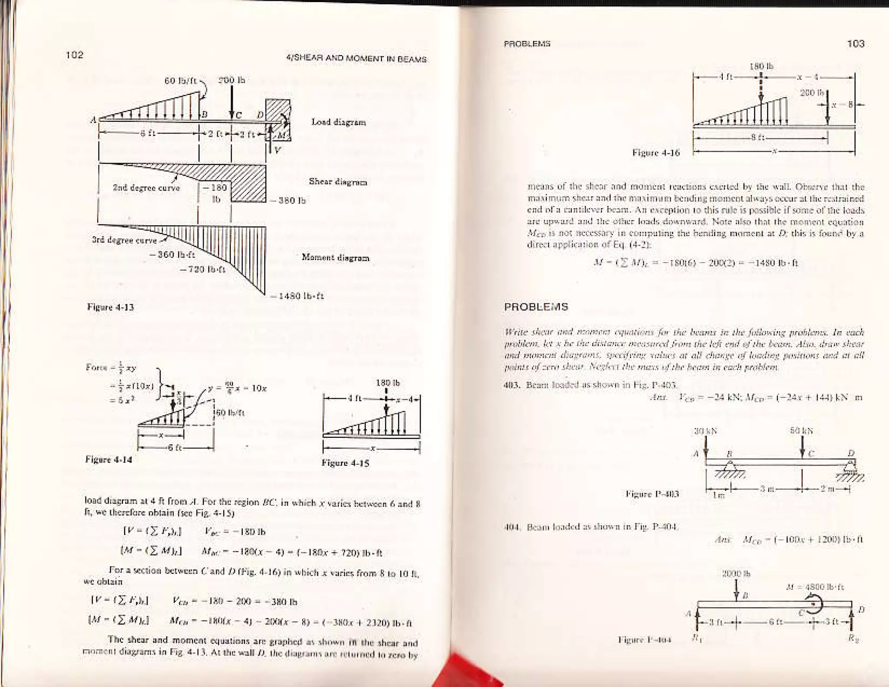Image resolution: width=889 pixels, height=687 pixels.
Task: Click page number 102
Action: pyautogui.click(x=74, y=55)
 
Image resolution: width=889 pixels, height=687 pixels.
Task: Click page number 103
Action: pyautogui.click(x=855, y=43)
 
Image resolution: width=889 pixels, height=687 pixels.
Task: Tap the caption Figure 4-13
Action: pyautogui.click(x=111, y=307)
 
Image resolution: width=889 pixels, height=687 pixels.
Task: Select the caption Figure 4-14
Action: pyautogui.click(x=109, y=459)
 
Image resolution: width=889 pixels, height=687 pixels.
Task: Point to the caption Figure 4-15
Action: pyautogui.click(x=345, y=463)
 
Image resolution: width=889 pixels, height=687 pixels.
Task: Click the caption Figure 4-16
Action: pyautogui.click(x=656, y=153)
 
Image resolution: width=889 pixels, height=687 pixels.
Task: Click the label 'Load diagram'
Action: pyautogui.click(x=339, y=122)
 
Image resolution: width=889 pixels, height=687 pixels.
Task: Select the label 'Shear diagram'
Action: pyautogui.click(x=338, y=181)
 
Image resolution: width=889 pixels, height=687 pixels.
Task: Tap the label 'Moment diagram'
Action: pyautogui.click(x=336, y=258)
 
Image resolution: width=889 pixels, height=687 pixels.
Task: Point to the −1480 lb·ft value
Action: pyautogui.click(x=296, y=296)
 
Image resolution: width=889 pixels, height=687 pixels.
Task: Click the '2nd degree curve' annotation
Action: pyautogui.click(x=146, y=188)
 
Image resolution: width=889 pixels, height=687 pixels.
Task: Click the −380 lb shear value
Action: pyautogui.click(x=288, y=201)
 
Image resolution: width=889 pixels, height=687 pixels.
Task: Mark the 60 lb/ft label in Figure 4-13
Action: pyautogui.click(x=181, y=81)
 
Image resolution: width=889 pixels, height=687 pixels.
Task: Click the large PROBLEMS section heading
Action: pyautogui.click(x=536, y=307)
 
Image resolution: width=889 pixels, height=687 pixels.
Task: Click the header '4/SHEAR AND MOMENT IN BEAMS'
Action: pyautogui.click(x=356, y=59)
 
